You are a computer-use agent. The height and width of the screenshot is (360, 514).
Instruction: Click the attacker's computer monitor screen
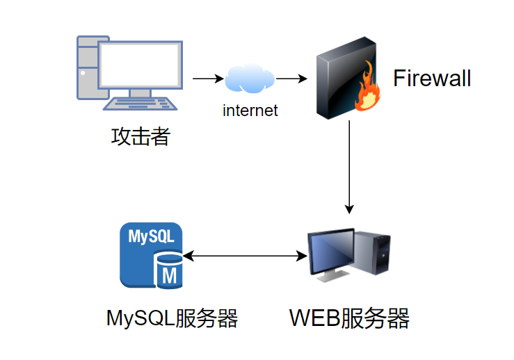click(140, 65)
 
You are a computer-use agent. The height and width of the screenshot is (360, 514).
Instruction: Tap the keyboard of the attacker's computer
click(140, 103)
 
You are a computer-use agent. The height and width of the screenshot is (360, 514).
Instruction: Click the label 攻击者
click(140, 136)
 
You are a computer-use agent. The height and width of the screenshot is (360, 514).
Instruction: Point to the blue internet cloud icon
click(249, 79)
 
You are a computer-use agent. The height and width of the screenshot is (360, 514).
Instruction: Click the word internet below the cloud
click(250, 110)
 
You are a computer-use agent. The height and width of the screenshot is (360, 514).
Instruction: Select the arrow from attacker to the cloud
click(207, 79)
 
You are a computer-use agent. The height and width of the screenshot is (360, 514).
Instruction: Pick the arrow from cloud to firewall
click(291, 79)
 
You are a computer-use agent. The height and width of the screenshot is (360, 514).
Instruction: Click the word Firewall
click(431, 79)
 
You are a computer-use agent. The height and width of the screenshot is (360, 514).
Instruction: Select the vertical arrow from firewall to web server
click(350, 167)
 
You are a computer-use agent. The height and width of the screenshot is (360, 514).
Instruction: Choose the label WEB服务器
click(349, 319)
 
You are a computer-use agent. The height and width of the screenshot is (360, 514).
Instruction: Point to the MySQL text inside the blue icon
click(151, 236)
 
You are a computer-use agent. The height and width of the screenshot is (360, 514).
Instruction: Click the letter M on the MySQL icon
click(170, 276)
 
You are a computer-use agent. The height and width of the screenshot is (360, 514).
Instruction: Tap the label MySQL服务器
click(172, 319)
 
